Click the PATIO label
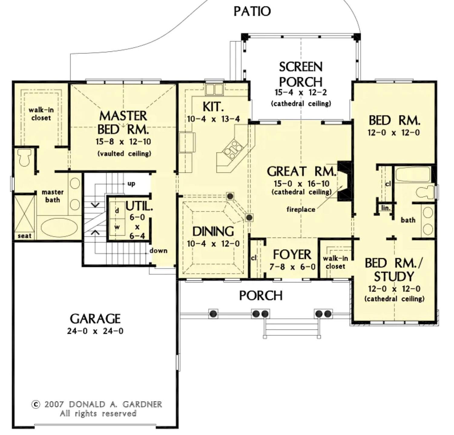point(252,11)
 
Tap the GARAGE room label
point(95,319)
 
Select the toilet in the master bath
point(24,157)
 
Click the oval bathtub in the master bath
point(59,228)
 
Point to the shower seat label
point(24,236)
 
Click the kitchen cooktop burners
point(233,149)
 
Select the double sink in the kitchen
point(214,90)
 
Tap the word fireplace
point(301,209)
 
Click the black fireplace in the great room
point(344,182)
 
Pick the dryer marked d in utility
point(117,211)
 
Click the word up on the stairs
point(131,184)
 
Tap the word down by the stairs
point(158,250)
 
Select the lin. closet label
point(386,208)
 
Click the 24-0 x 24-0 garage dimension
point(95,331)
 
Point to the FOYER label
point(292,255)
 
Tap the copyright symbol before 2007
point(36,404)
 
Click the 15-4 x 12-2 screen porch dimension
point(301,93)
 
